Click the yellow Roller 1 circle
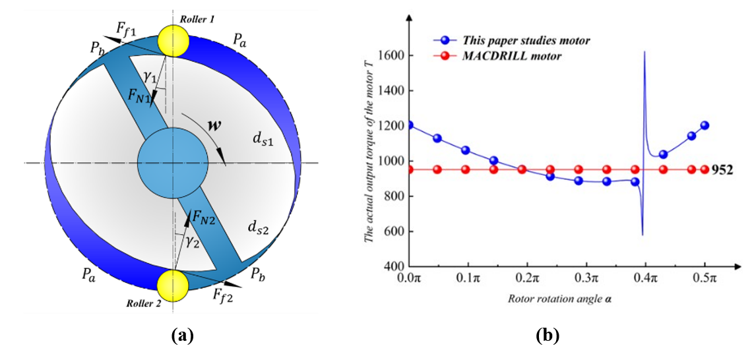point(173,41)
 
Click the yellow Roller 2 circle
point(173,285)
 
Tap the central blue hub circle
point(173,162)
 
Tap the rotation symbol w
point(214,126)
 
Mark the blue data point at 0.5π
point(704,125)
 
